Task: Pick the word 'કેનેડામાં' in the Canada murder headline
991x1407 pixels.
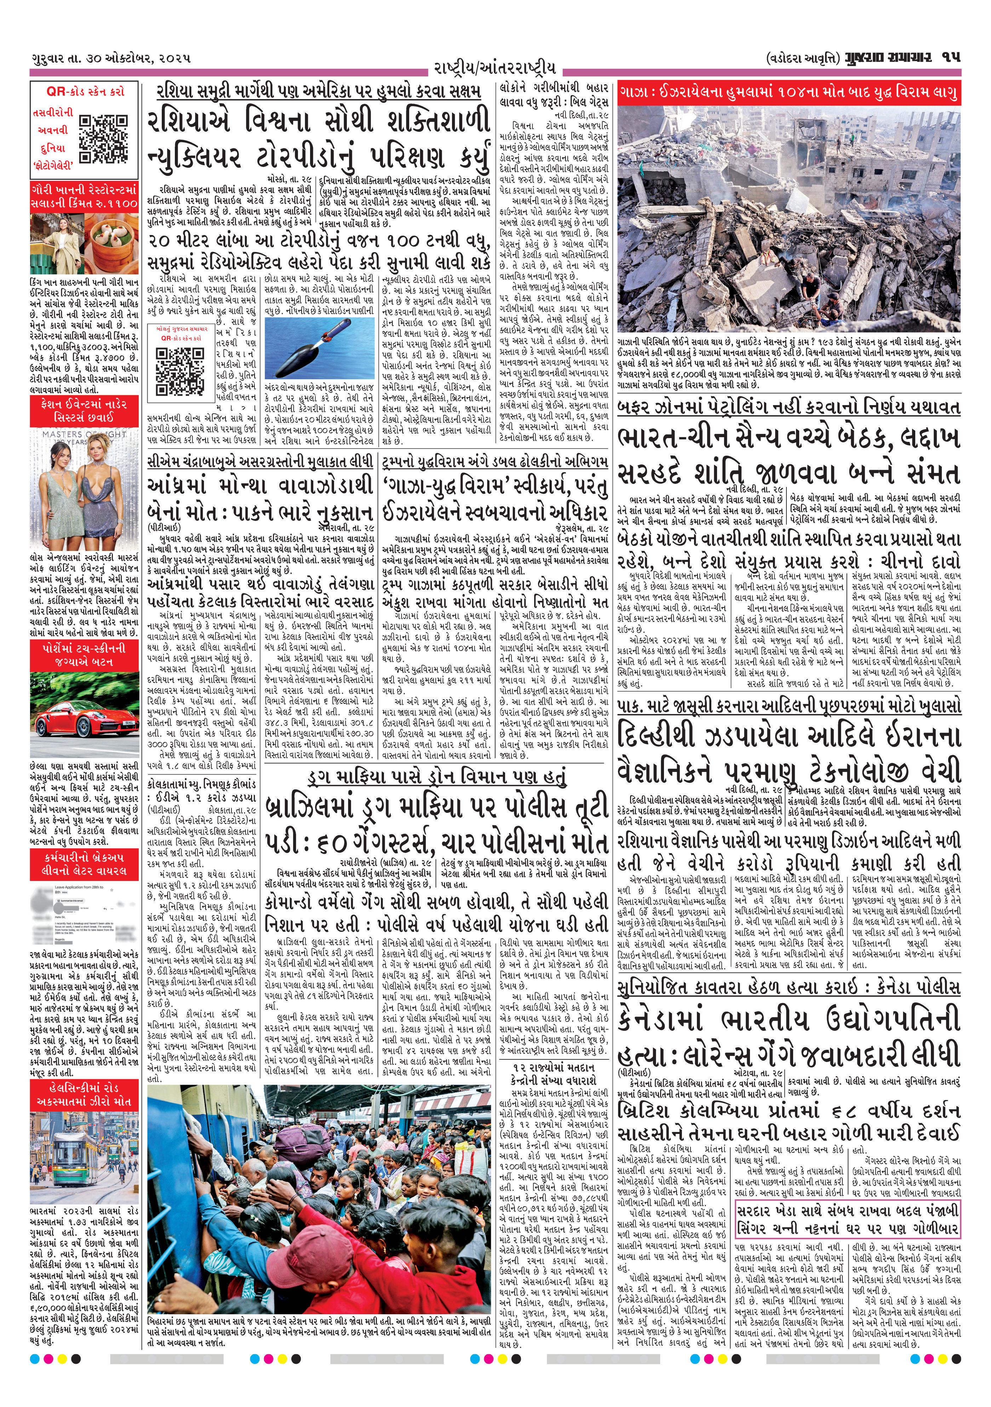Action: coord(661,1019)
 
